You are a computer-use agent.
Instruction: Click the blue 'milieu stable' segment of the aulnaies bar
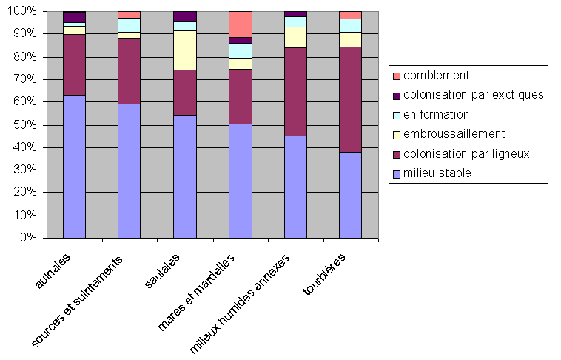(x=74, y=166)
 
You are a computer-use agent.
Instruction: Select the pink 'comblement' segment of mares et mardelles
(x=240, y=24)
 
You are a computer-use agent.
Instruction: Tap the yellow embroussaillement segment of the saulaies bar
(x=184, y=50)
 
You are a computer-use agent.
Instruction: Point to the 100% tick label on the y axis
(x=21, y=12)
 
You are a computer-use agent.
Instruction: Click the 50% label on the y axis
(x=24, y=125)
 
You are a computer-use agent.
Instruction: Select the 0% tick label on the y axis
(x=27, y=239)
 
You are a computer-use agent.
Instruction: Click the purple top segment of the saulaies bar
(x=184, y=16)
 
